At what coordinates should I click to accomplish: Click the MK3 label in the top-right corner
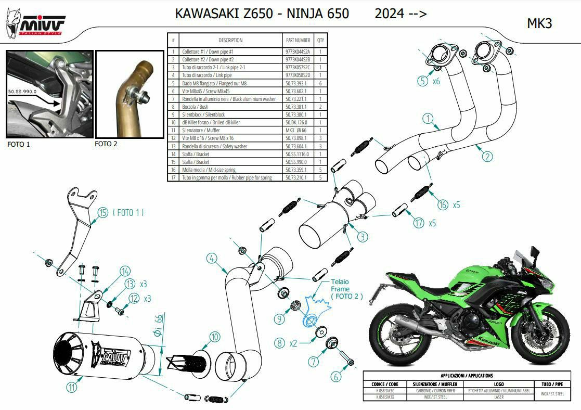coord(539,23)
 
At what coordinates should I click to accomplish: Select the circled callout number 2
coord(487,156)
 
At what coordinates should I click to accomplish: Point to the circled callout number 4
coord(211,258)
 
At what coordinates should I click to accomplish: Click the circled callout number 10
coord(215,337)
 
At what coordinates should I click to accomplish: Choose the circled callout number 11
coord(72,387)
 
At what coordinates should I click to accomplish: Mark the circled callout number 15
coord(103,212)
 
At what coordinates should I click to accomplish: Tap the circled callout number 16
coord(442,204)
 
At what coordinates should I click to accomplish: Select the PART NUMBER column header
coord(298,40)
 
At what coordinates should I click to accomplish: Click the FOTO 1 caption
coord(19,144)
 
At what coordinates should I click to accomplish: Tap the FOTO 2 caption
coord(106,144)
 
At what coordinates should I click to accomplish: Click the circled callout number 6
coord(336,376)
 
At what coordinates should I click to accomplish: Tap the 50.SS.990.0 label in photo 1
coord(23,91)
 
